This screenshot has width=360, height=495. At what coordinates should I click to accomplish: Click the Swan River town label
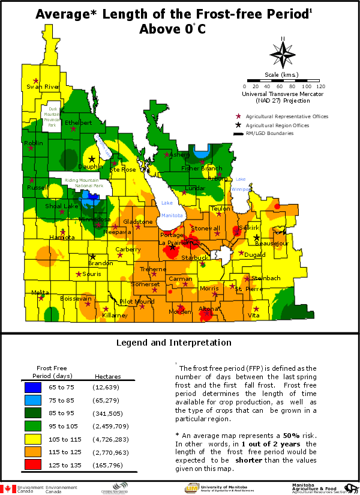point(43,87)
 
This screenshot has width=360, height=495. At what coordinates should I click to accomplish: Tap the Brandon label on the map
point(100,263)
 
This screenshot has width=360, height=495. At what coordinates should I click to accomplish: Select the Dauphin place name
point(91,167)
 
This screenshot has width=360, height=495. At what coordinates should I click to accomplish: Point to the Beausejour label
point(272,244)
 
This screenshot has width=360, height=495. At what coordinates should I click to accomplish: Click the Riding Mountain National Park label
point(84,183)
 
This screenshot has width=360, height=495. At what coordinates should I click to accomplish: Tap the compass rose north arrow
point(283,53)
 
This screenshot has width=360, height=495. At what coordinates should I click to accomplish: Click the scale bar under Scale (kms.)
point(286,80)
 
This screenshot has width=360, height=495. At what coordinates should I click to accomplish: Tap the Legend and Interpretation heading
point(173,343)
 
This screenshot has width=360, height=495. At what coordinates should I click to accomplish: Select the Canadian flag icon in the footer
point(8,489)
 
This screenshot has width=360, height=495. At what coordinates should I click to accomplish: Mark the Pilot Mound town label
point(137,302)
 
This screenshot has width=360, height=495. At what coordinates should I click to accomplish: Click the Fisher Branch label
point(202,169)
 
